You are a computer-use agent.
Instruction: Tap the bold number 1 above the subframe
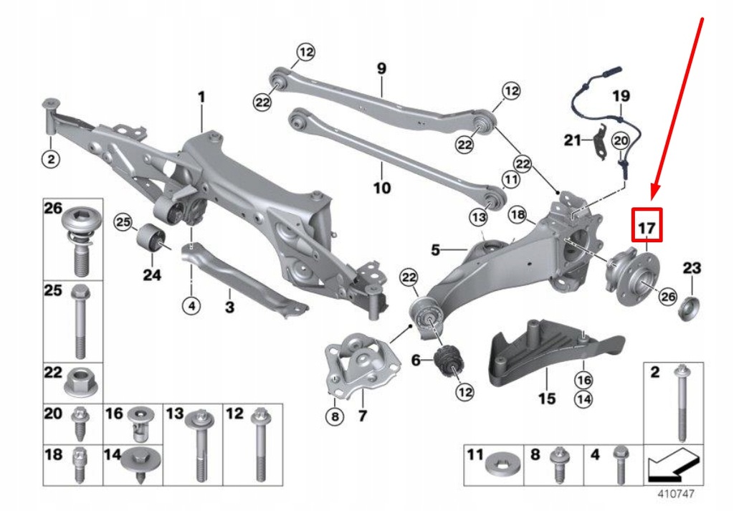pyautogui.click(x=201, y=95)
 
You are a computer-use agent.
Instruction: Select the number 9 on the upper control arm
pyautogui.click(x=381, y=69)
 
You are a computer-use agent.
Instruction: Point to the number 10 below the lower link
pyautogui.click(x=382, y=188)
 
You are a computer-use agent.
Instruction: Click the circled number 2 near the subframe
pyautogui.click(x=50, y=160)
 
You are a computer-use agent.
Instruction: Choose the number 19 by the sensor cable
pyautogui.click(x=621, y=95)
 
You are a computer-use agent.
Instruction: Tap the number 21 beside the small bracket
pyautogui.click(x=572, y=140)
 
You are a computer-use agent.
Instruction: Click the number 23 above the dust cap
pyautogui.click(x=691, y=269)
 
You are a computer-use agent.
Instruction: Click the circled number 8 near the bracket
pyautogui.click(x=333, y=416)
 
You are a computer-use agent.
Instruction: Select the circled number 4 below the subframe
pyautogui.click(x=191, y=306)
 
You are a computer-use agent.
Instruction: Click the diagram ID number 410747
pyautogui.click(x=676, y=494)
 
